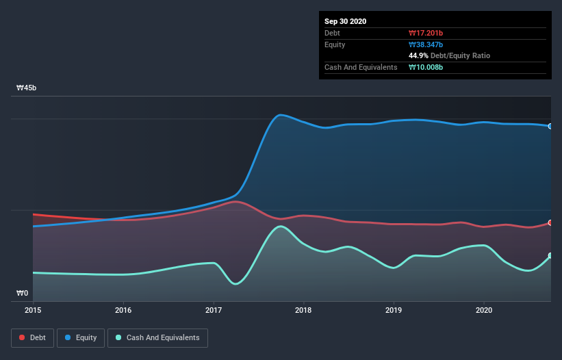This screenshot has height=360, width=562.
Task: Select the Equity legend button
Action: [81, 337]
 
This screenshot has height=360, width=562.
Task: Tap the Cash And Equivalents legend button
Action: [157, 337]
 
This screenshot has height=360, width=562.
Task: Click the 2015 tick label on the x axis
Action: [33, 310]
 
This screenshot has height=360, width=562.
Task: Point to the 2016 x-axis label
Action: [123, 310]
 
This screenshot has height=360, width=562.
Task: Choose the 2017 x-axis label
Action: [214, 310]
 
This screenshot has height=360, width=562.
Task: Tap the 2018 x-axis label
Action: [304, 310]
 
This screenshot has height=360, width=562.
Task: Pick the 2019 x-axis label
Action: [394, 310]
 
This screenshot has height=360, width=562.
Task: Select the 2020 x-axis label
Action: [484, 310]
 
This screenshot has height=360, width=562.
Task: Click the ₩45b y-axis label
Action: [27, 88]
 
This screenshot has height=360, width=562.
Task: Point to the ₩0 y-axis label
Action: [23, 294]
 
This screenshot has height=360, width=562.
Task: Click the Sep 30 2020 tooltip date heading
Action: [346, 21]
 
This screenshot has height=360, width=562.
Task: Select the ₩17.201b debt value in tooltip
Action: [426, 33]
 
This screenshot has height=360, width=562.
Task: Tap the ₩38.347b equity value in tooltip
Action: [426, 44]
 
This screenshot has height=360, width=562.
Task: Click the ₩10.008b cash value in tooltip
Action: [426, 67]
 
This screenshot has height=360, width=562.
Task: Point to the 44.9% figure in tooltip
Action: [419, 55]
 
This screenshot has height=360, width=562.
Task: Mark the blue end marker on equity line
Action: [550, 126]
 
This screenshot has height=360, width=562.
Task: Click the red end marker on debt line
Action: [550, 223]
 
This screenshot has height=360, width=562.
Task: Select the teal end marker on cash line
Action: [550, 256]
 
